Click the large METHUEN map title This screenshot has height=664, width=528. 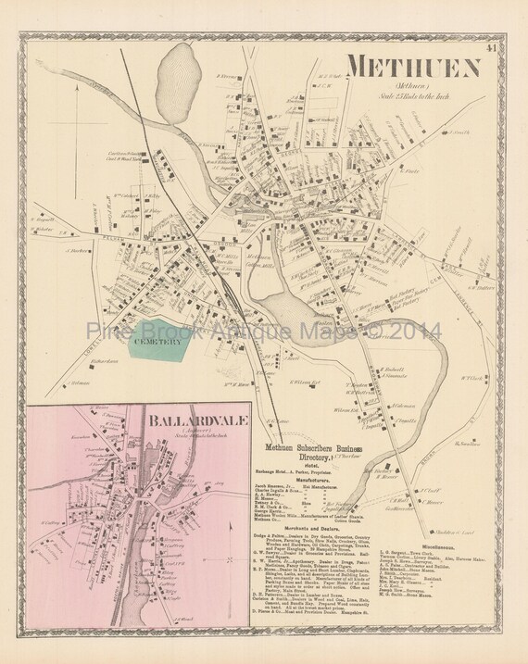tap(413, 69)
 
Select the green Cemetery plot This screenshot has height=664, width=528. tap(160, 342)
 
